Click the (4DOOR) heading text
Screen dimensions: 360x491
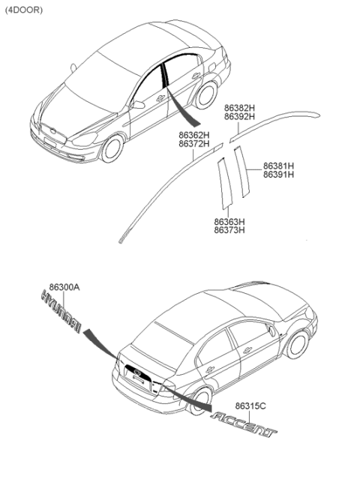click(x=24, y=10)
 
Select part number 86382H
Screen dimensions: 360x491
click(x=239, y=108)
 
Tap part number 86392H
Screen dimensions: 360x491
click(x=239, y=117)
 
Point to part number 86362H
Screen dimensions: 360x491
click(x=194, y=135)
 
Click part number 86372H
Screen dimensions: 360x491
click(x=194, y=144)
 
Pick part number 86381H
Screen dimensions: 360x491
click(x=278, y=166)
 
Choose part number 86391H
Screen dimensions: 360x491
click(x=278, y=175)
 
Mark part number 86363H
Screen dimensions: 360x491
click(x=229, y=222)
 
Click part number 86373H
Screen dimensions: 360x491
click(x=229, y=230)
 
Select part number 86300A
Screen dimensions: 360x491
click(x=64, y=287)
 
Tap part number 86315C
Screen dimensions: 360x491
click(x=250, y=406)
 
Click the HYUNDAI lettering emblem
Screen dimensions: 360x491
click(x=61, y=312)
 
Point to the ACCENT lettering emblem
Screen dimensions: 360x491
click(x=244, y=424)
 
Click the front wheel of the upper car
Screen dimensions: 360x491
click(x=112, y=148)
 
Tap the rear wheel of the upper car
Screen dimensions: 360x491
click(x=206, y=95)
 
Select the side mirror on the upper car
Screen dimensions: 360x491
click(x=137, y=104)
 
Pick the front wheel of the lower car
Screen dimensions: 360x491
click(x=297, y=345)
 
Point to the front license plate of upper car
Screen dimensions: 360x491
click(x=49, y=142)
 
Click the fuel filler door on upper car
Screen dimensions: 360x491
click(x=211, y=67)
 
